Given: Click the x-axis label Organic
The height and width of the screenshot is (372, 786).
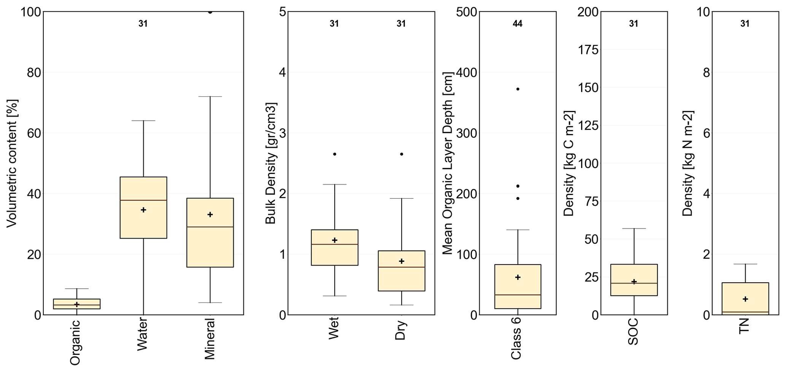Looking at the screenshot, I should (x=76, y=342).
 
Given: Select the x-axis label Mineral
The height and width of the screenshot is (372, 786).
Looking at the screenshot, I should (x=210, y=339).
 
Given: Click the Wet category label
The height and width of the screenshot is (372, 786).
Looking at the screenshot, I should (x=334, y=329).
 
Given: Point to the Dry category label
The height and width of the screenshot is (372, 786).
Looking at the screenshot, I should (x=401, y=330).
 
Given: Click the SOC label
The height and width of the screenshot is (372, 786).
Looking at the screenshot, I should (x=633, y=332).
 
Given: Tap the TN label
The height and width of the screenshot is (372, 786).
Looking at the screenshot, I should (x=744, y=326).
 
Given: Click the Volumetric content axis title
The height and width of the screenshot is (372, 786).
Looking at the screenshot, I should (x=12, y=163).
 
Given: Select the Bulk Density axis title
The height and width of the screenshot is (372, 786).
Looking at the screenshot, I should (x=270, y=163).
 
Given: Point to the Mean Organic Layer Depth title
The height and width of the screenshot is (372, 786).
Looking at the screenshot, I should (x=448, y=163).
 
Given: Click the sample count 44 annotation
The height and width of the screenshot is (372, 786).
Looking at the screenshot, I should (x=518, y=24).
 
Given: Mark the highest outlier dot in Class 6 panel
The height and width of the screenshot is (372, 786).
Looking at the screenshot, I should (x=518, y=89).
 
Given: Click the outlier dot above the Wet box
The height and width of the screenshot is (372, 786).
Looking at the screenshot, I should (x=335, y=154).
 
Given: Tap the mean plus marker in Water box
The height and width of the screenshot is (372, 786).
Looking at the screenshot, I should (x=143, y=210).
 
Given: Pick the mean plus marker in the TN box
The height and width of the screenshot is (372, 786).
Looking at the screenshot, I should (x=745, y=299).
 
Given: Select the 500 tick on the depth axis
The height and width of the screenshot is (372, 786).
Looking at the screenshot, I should (x=466, y=12).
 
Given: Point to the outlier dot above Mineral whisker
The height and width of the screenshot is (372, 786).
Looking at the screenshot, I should (x=210, y=12).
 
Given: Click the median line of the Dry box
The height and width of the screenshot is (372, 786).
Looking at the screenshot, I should (x=401, y=267).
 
